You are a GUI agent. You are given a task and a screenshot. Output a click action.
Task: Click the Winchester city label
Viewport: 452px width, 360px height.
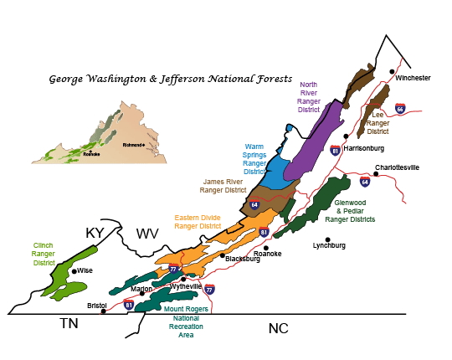pos(413,78)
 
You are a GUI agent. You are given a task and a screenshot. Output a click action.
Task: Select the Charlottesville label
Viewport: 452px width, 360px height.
pos(397,167)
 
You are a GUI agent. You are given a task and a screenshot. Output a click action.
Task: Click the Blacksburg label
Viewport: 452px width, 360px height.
pos(243,259)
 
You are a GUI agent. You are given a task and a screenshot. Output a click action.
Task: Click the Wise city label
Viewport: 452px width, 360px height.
pos(85,271)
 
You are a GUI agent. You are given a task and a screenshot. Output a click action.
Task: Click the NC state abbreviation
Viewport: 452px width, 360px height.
pos(278,328)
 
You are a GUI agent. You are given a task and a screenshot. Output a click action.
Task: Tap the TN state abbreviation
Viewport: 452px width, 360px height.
pos(68,323)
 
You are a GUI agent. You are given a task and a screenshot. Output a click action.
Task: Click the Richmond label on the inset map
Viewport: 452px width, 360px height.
pos(134,145)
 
